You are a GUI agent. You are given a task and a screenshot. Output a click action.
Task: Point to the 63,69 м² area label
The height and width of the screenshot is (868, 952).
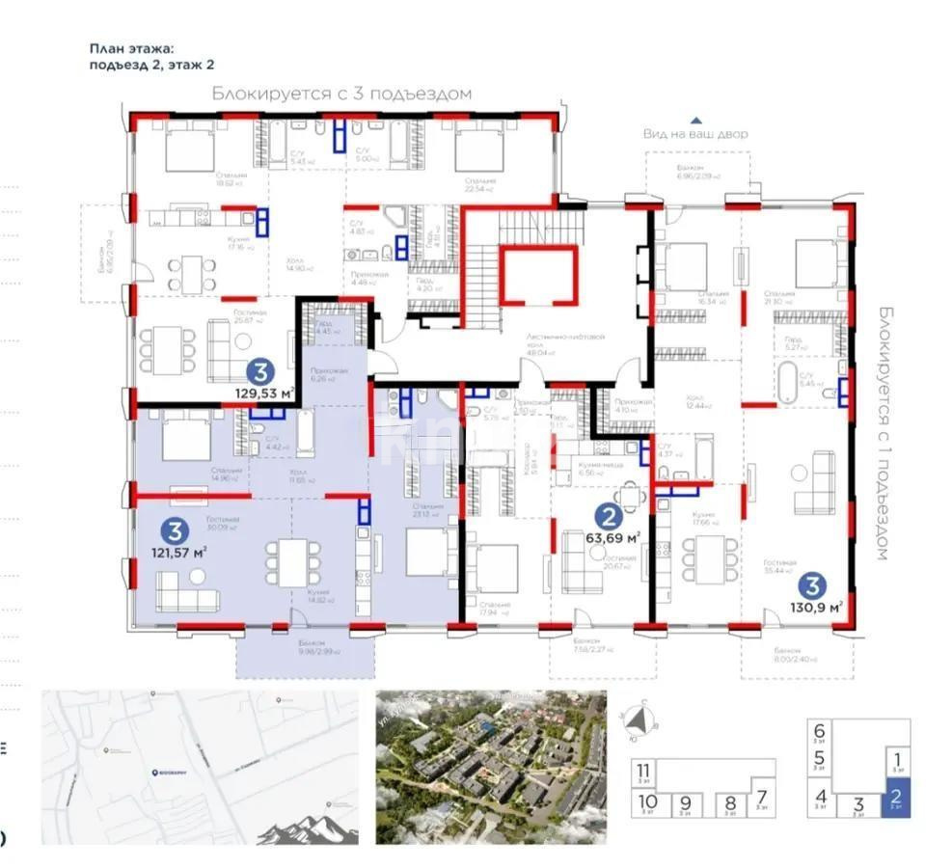coord(613,537)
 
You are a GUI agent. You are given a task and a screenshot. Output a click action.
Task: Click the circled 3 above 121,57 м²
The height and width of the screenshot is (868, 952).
coord(174,529)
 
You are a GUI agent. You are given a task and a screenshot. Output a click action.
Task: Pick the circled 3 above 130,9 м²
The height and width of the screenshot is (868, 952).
coord(813,583)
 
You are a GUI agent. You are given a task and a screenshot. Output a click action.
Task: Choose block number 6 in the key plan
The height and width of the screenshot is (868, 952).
coord(819,732)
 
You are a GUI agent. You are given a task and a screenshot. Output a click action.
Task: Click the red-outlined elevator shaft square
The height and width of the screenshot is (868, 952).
coord(539,275)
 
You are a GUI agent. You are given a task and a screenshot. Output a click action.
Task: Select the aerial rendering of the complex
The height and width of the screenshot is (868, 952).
coord(490,753)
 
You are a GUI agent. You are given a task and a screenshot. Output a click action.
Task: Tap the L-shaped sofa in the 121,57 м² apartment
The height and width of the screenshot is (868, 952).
coord(187,596)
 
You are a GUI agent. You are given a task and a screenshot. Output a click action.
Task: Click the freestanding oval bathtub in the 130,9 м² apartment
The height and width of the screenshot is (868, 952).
coord(788,384)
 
